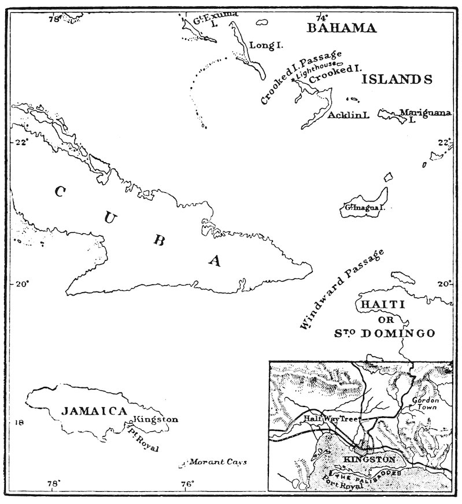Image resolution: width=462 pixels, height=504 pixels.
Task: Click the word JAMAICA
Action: pyautogui.click(x=94, y=411)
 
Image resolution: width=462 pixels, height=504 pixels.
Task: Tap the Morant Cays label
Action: pyautogui.click(x=218, y=462)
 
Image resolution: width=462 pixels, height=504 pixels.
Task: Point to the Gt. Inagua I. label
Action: pyautogui.click(x=364, y=207)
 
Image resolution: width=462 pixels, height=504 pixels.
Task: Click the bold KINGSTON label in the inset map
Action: pyautogui.click(x=369, y=460)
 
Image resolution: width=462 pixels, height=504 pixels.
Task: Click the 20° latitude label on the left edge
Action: pyautogui.click(x=22, y=283)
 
